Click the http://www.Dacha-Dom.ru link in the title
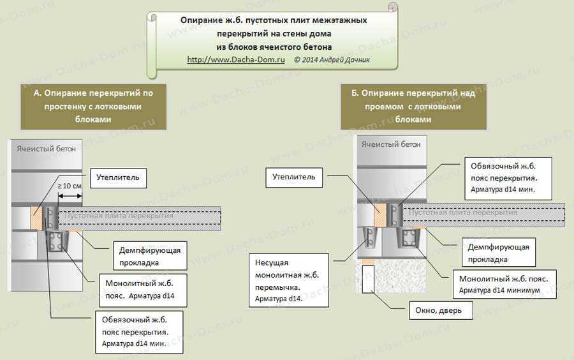tap(236, 59)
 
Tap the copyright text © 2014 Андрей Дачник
tap(332, 59)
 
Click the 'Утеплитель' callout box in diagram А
tap(118, 178)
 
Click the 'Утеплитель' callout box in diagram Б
tap(294, 177)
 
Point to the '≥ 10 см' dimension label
tap(69, 186)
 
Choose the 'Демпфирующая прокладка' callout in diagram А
tap(150, 255)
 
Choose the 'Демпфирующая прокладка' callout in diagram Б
tap(499, 252)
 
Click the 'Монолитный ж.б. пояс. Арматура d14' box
tap(143, 290)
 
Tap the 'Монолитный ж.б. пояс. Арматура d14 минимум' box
tap(505, 285)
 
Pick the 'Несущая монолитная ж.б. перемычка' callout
tap(289, 280)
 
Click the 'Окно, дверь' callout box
tap(441, 311)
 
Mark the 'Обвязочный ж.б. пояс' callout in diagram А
tap(139, 332)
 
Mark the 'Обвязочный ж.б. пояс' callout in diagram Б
tap(508, 178)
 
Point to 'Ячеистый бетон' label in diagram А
tap(46, 149)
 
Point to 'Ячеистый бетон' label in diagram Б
tap(391, 144)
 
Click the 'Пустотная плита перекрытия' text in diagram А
tap(119, 216)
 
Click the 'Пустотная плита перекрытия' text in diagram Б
tap(463, 212)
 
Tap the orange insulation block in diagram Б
tap(380, 215)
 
